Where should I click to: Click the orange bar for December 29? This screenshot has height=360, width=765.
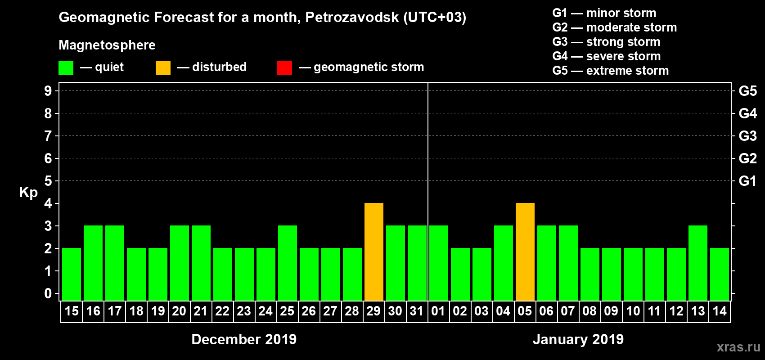tap(374, 252)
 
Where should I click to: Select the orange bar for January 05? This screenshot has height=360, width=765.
tap(525, 252)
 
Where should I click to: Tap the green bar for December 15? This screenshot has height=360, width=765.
tap(72, 274)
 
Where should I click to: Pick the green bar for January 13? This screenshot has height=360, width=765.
tap(698, 263)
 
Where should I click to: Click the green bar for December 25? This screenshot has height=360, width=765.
tap(288, 263)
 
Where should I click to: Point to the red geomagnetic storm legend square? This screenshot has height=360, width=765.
tap(284, 68)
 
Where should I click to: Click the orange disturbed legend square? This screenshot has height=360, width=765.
tap(163, 68)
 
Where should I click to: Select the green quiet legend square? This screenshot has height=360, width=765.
tap(66, 68)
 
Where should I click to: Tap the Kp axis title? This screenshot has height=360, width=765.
tap(28, 192)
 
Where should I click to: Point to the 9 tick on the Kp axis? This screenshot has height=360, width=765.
tap(48, 91)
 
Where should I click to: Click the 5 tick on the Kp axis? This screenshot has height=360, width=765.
tap(48, 181)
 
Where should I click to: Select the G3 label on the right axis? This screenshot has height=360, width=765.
tap(747, 136)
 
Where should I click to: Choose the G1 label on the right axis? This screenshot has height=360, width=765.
tap(747, 181)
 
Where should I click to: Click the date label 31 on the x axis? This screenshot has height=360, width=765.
tap(417, 311)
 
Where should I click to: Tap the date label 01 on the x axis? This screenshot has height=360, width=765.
tap(438, 311)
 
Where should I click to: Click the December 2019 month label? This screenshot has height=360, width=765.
tap(244, 339)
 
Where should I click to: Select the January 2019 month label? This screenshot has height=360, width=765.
tap(578, 339)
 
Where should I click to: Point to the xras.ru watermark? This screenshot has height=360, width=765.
tap(738, 347)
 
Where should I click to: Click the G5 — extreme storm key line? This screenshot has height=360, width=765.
tap(610, 71)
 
